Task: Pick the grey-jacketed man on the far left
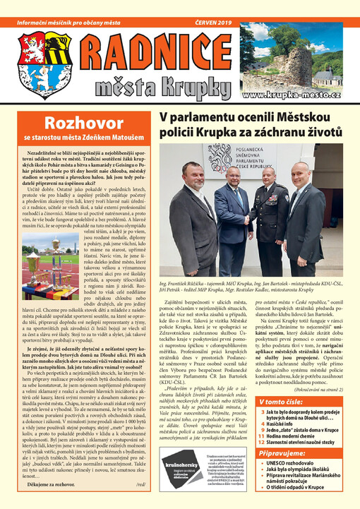pyautogui.click(x=190, y=212)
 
